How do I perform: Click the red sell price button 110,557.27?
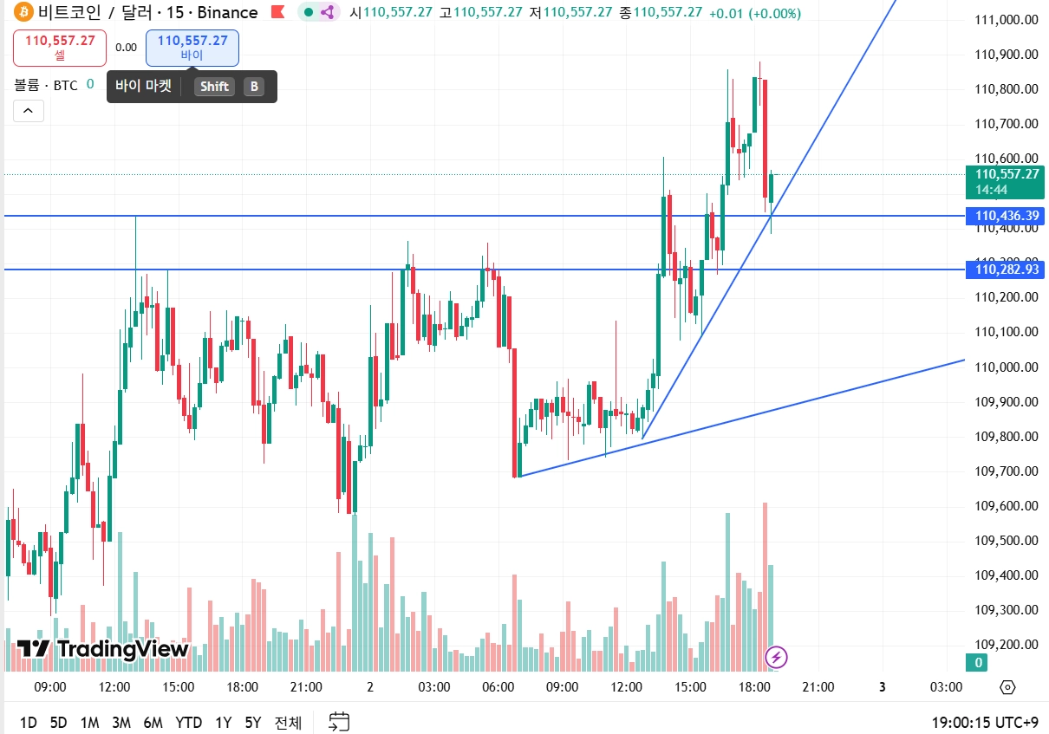(60, 48)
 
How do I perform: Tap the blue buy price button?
(192, 48)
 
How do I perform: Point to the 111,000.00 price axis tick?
(1007, 20)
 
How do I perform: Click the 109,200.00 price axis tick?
(1007, 645)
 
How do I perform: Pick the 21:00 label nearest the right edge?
(818, 687)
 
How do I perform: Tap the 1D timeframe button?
(29, 722)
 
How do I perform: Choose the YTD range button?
(188, 722)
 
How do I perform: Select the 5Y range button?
(252, 722)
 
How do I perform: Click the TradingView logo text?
(122, 649)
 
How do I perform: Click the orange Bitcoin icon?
(23, 12)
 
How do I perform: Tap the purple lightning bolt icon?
(777, 658)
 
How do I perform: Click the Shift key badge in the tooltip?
(214, 87)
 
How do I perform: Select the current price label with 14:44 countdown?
(1007, 181)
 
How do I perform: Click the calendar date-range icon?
(339, 721)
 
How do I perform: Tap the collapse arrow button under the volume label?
(28, 111)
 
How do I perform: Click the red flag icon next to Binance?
(277, 12)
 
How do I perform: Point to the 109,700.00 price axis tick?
(1007, 471)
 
